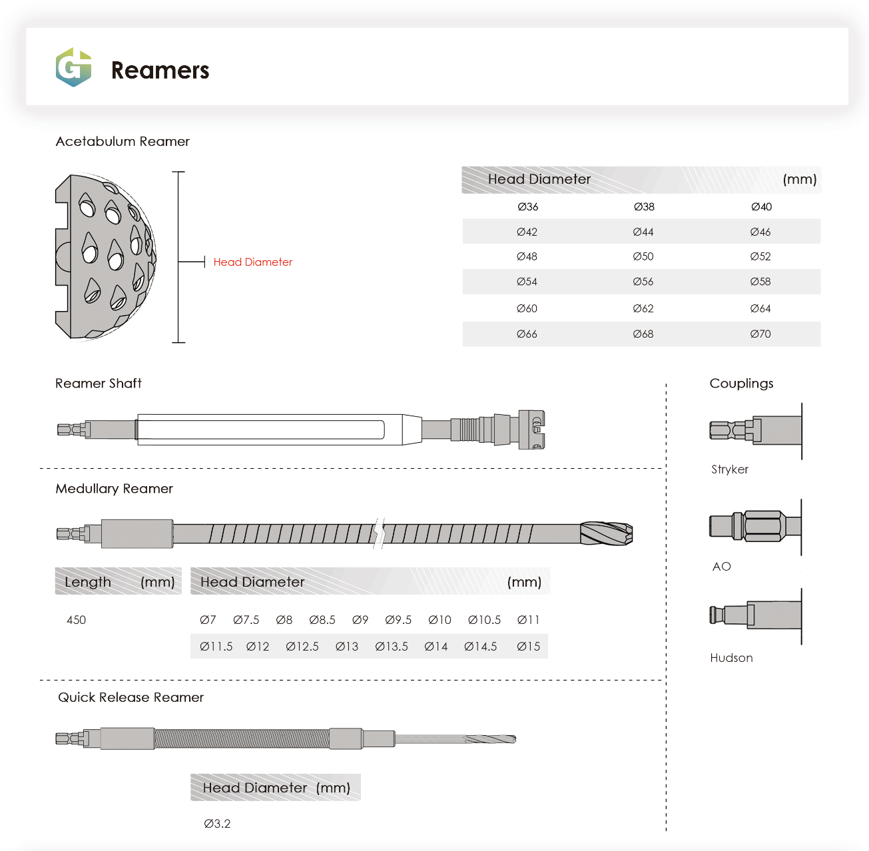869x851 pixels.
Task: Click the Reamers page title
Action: tap(160, 71)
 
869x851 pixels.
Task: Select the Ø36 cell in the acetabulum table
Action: tap(527, 206)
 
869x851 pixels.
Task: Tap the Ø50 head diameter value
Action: tap(643, 256)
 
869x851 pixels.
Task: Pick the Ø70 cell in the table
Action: tap(760, 334)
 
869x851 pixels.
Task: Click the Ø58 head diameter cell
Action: tap(760, 282)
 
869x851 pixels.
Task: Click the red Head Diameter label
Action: tap(252, 262)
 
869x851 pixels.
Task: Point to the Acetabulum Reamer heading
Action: tap(123, 141)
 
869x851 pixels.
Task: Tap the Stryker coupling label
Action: tap(730, 469)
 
